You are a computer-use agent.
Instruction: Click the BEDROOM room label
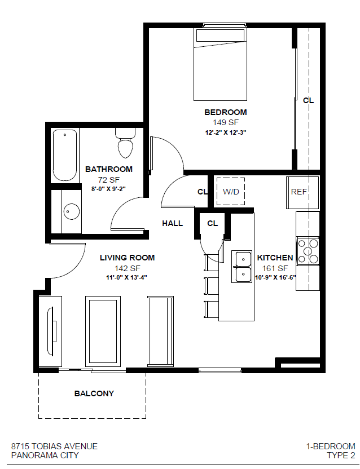pos(225,112)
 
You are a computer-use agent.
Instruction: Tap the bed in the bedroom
pos(221,65)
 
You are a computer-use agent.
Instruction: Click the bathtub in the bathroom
pos(65,155)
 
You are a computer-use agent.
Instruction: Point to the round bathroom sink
pos(71,211)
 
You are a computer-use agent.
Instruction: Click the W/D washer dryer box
pos(231,192)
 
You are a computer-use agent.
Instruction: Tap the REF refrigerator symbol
pos(299,192)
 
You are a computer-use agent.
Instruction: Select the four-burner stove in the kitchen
pos(308,251)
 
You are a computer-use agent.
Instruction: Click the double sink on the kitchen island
pos(243,266)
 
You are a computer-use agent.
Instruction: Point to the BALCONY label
pos(94,393)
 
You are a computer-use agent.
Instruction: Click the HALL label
pos(172,223)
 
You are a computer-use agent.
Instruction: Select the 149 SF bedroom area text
pos(225,122)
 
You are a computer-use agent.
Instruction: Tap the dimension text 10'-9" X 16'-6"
pos(275,277)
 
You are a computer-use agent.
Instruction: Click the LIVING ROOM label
pos(127,258)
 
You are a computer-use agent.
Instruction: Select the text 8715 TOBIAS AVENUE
pos(54,446)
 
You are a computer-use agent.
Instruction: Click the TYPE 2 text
pos(341,455)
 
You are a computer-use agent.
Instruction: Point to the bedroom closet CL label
pos(308,100)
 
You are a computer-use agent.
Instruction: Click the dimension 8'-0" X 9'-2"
pos(109,189)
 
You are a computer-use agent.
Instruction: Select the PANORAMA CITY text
pos(45,455)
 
